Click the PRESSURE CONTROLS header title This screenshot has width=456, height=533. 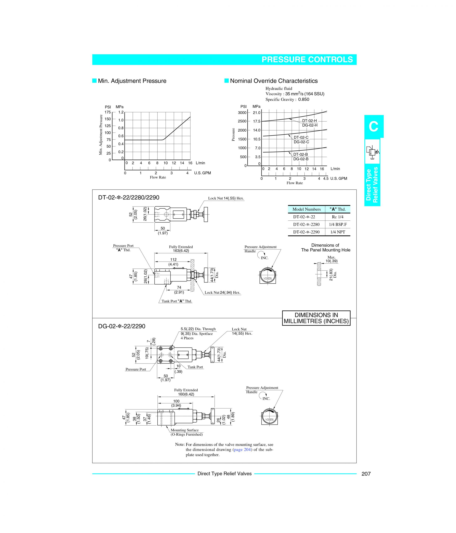(x=307, y=60)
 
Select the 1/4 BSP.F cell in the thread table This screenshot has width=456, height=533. (x=338, y=224)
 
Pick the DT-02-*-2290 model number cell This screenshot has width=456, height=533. (x=306, y=232)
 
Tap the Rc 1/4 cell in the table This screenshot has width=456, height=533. (x=338, y=217)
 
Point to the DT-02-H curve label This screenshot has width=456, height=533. (x=309, y=121)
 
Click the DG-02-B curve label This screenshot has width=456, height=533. (x=301, y=159)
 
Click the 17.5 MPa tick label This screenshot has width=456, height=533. (x=257, y=121)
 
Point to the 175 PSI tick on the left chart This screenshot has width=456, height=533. (x=107, y=112)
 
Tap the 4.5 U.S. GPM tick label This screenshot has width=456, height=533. (x=326, y=178)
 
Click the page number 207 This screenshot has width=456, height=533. (x=366, y=474)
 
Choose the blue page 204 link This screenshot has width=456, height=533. (x=242, y=450)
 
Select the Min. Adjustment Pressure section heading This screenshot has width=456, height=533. (x=132, y=81)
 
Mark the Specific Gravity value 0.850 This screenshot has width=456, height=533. (x=304, y=100)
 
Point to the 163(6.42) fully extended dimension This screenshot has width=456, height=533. (x=181, y=251)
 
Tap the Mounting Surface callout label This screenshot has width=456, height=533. (x=184, y=430)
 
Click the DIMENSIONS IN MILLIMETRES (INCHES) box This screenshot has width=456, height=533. (x=316, y=318)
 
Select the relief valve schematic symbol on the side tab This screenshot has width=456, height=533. (x=372, y=152)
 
